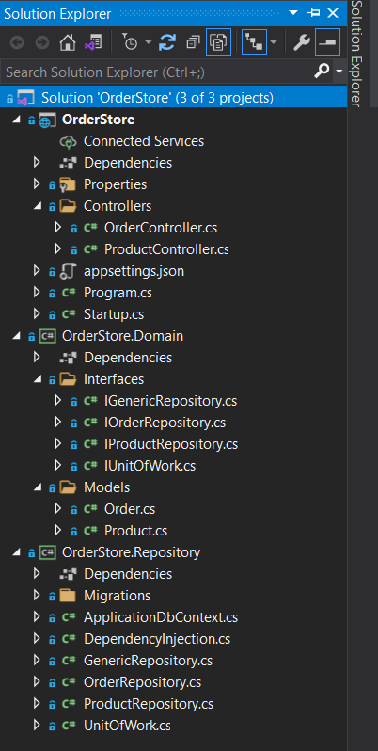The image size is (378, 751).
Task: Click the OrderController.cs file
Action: (160, 228)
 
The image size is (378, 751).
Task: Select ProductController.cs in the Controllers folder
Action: (166, 249)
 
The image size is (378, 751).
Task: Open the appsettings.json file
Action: (134, 271)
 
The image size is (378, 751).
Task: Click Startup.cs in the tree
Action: (114, 314)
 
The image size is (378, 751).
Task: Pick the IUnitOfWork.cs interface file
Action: (150, 466)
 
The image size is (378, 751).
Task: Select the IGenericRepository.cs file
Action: (170, 400)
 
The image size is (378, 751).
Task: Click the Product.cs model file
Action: (136, 531)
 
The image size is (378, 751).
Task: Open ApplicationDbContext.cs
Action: (161, 617)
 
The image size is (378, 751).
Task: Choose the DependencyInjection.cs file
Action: (157, 639)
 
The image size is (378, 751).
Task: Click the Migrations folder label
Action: (118, 596)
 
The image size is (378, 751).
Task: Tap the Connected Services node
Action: (144, 141)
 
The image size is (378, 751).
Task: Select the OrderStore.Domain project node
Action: (122, 336)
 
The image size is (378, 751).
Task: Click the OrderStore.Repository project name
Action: (131, 552)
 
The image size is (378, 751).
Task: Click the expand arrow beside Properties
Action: (37, 184)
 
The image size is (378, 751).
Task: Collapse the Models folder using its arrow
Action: (37, 487)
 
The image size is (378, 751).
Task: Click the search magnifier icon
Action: (322, 72)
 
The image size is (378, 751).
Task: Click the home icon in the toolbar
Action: (68, 43)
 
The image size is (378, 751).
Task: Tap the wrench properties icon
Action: (302, 43)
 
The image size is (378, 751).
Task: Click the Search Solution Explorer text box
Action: (157, 72)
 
